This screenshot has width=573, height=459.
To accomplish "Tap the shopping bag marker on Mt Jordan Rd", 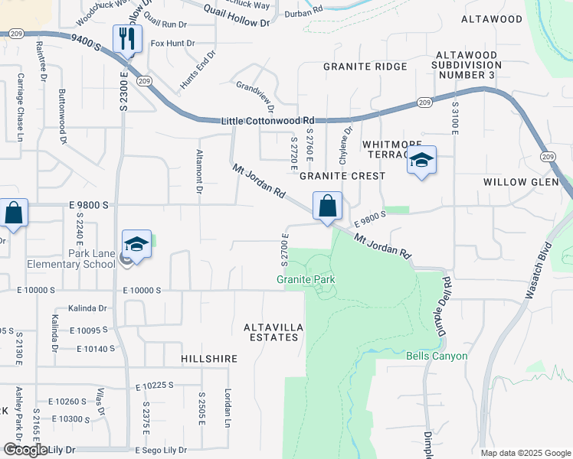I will point(327,206).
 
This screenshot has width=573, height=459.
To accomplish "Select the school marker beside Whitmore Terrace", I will point(421,161).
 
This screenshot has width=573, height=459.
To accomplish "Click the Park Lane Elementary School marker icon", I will point(136,245).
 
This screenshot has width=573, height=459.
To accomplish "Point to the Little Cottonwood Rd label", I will point(268,121).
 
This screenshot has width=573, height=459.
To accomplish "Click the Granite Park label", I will point(306,279).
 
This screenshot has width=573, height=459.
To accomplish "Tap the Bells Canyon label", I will point(437,356).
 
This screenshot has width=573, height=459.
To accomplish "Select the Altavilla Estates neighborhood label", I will point(273,332).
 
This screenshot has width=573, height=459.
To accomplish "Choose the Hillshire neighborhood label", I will point(209,358).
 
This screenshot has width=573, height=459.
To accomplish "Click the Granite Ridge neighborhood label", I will point(365,67).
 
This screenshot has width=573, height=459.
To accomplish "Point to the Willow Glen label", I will point(516,182).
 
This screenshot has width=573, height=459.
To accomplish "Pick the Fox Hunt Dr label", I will point(173,44).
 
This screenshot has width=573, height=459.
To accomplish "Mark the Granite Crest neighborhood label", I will point(339,175).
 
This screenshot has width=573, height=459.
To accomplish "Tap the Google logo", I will point(25,450).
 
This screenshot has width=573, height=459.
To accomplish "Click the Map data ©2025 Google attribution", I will point(525,453).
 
